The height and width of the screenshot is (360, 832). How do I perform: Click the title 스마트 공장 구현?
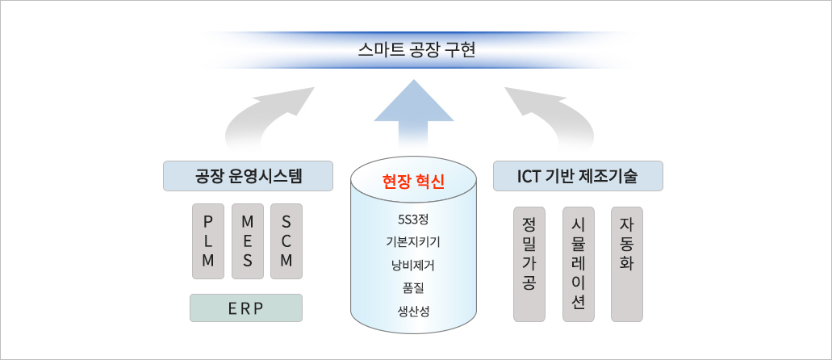[x=416, y=50]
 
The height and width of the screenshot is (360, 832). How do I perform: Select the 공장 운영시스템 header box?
[x=248, y=176]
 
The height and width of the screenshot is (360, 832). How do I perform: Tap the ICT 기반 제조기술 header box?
[x=578, y=176]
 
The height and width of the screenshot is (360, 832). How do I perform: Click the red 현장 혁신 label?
[x=413, y=182]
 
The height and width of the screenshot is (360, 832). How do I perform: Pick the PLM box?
[x=208, y=241]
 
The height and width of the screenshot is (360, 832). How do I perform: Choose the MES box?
[x=247, y=241]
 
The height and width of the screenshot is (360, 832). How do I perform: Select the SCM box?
[x=286, y=241]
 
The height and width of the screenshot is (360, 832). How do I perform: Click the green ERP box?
[x=246, y=308]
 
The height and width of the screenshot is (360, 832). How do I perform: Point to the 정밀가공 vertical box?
[x=529, y=264]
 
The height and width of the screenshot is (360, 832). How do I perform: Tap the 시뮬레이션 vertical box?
[x=579, y=264]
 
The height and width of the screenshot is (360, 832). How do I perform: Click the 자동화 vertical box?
[x=627, y=264]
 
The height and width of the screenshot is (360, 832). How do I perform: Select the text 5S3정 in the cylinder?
[x=413, y=220]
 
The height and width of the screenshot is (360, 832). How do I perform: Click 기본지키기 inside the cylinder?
[x=413, y=242]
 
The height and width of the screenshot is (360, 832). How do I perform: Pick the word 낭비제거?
[x=413, y=265]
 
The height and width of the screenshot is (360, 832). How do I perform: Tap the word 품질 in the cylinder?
[x=413, y=288]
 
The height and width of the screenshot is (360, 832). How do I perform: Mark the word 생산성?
[x=413, y=311]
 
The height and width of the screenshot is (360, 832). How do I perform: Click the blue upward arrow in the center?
[x=414, y=114]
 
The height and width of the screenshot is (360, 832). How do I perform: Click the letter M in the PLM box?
[x=208, y=261]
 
